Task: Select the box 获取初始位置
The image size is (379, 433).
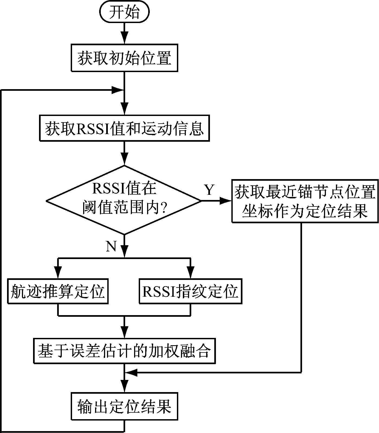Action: tap(124, 58)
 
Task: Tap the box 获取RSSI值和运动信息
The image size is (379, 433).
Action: tap(124, 128)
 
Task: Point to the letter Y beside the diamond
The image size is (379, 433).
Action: tap(209, 190)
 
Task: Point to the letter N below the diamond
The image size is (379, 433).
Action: tap(111, 246)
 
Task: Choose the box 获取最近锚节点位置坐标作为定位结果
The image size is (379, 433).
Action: tap(305, 201)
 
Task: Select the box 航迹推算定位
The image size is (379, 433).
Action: tap(58, 292)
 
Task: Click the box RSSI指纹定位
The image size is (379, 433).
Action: tap(190, 292)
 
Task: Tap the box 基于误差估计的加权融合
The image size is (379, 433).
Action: tap(124, 351)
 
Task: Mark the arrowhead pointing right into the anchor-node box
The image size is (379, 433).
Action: tap(225, 201)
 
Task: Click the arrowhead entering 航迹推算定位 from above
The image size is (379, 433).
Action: tap(58, 272)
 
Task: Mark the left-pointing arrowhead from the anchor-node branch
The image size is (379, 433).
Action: tap(132, 373)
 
